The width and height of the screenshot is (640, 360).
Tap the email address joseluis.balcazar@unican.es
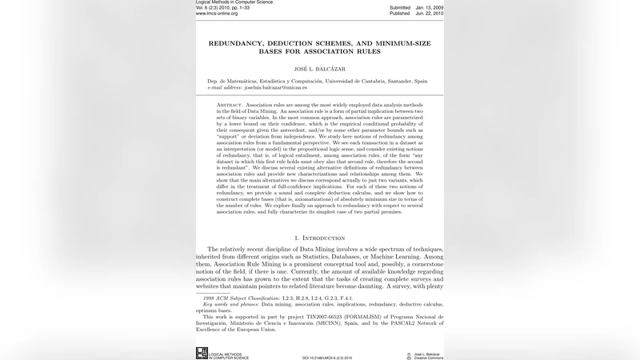point(275,87)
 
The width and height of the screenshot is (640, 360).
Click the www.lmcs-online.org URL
point(217,14)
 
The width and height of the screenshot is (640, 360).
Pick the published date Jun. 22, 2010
point(429,14)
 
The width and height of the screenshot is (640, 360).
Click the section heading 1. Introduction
point(319,238)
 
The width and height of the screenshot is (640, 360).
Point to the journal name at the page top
point(234,2)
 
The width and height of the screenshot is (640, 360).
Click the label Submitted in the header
point(399,7)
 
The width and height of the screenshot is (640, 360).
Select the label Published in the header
point(399,14)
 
